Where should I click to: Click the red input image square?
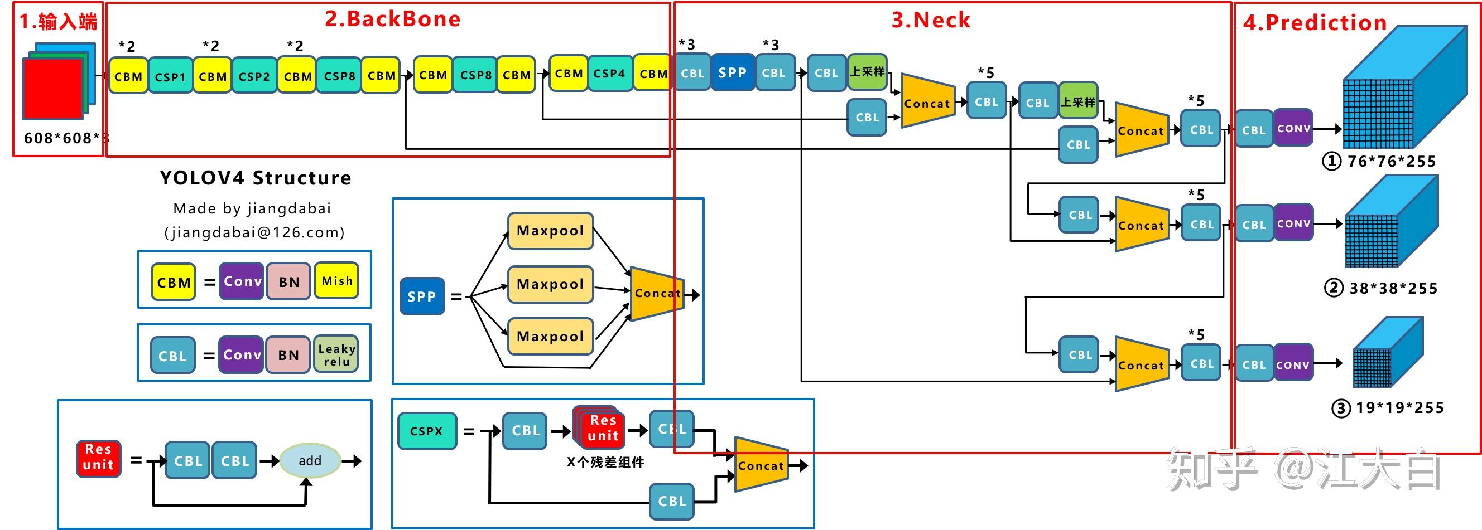tap(53, 89)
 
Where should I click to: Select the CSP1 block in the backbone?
tap(170, 76)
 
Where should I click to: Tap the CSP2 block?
tap(254, 76)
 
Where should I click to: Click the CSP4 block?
tap(609, 74)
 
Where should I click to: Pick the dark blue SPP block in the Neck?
tap(732, 73)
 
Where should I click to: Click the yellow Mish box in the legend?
tap(336, 281)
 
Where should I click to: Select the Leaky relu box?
tap(336, 354)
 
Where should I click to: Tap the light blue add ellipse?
tap(310, 460)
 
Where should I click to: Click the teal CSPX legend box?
tap(426, 431)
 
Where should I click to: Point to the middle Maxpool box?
tap(550, 284)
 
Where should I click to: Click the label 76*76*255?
tap(1391, 162)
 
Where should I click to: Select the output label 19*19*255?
tap(1399, 408)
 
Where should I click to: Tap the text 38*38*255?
tap(1393, 289)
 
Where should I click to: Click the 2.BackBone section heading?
tap(392, 19)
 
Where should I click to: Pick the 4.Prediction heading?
tap(1315, 23)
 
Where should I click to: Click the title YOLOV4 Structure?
tap(256, 178)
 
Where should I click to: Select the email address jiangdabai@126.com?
tap(254, 232)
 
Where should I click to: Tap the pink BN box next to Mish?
tap(289, 281)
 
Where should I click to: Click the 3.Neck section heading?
tap(930, 20)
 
